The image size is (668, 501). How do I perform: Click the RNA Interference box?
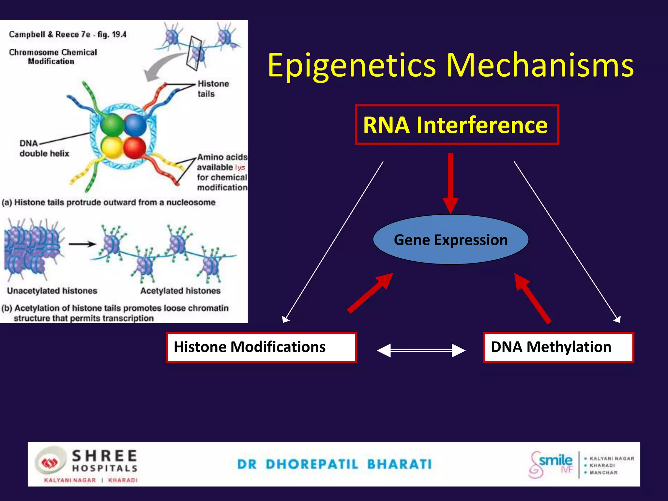(x=457, y=125)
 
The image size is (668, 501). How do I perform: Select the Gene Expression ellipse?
(x=451, y=240)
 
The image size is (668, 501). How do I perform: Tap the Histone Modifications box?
(x=261, y=347)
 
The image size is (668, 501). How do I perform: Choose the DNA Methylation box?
(x=558, y=347)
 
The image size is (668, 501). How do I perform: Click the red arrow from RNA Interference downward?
(x=450, y=183)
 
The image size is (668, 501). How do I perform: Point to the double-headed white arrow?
(x=421, y=351)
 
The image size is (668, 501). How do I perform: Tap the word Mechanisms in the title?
(x=540, y=65)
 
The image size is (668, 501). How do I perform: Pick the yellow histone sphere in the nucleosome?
(x=112, y=147)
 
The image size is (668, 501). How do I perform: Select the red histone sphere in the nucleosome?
(x=134, y=147)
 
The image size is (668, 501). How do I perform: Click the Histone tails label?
(x=213, y=89)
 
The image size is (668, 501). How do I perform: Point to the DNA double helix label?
(x=44, y=148)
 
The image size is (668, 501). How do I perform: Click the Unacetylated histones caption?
(x=52, y=291)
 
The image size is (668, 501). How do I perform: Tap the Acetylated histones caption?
(x=180, y=291)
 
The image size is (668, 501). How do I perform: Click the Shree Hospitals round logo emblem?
(x=50, y=463)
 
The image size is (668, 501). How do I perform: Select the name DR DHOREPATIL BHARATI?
(x=334, y=464)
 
